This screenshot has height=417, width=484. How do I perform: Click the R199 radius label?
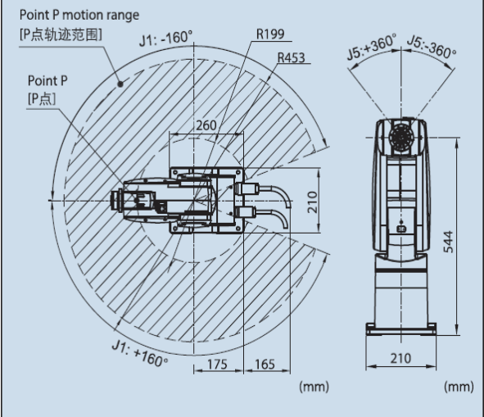[x=270, y=34]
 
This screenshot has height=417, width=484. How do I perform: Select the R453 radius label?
[x=292, y=57]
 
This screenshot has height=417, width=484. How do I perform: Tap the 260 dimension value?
[x=206, y=125]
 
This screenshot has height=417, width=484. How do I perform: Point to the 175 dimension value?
[x=217, y=365]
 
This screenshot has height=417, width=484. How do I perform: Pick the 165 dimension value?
[x=265, y=365]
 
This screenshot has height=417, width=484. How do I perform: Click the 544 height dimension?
[x=448, y=242]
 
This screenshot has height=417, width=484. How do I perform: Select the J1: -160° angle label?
[x=165, y=39]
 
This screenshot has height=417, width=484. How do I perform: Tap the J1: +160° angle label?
[x=140, y=353]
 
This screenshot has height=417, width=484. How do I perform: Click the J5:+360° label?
[x=372, y=47]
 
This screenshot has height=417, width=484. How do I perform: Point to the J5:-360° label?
[x=432, y=47]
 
